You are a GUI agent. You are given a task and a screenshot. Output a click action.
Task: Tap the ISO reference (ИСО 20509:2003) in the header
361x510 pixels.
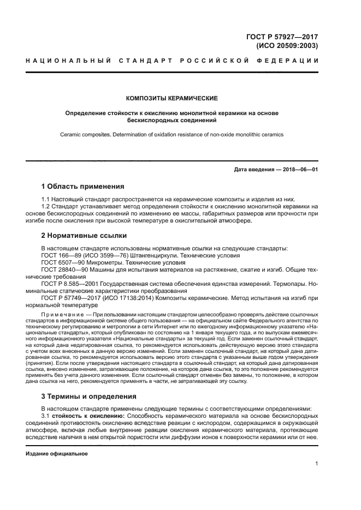tap(287, 46)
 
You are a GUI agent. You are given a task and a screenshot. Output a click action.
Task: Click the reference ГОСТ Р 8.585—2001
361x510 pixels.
tap(70, 284)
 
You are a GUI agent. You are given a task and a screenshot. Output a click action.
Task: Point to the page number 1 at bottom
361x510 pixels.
tap(317, 464)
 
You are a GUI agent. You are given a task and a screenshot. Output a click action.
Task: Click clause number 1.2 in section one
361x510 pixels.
tap(47, 207)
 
